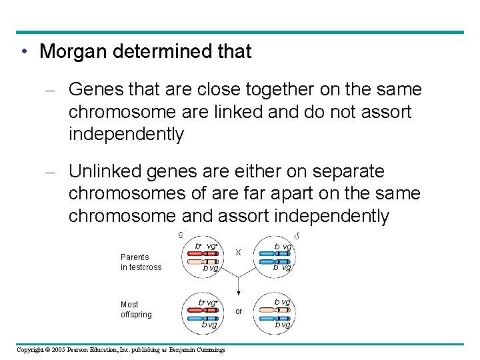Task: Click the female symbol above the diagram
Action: (182, 234)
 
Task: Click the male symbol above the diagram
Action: (296, 235)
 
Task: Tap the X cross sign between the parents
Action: (237, 252)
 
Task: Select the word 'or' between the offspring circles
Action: (238, 311)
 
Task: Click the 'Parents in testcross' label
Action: (141, 262)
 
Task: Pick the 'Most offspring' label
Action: (136, 309)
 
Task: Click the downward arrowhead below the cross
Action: (238, 293)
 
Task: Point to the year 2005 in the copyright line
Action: (65, 349)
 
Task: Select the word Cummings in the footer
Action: (209, 349)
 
